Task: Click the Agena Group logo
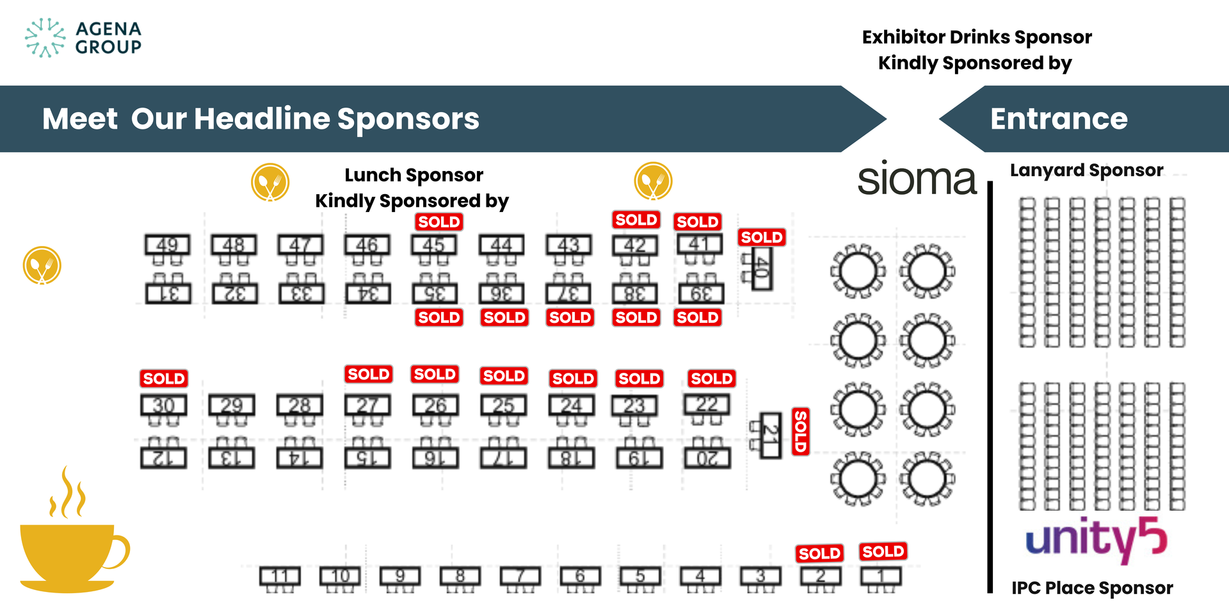[x=83, y=38]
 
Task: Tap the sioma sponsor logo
[x=917, y=179]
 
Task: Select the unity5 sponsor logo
[x=1096, y=539]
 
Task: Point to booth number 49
[x=167, y=245]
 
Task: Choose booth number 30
[x=164, y=406]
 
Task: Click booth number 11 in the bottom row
[x=280, y=576]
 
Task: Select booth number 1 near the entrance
[x=881, y=576]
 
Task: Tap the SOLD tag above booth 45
[x=439, y=222]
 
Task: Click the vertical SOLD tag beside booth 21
[x=801, y=432]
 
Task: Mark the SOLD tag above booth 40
[x=762, y=237]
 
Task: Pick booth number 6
[x=580, y=576]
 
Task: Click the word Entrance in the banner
[x=1059, y=119]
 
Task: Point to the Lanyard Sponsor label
[x=1086, y=170]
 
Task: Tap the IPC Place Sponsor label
[x=1092, y=588]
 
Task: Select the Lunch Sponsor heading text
[x=414, y=175]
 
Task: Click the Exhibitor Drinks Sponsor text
[x=977, y=37]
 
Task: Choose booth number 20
[x=707, y=458]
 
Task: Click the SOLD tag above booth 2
[x=819, y=553]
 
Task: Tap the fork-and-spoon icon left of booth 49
[x=42, y=265]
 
